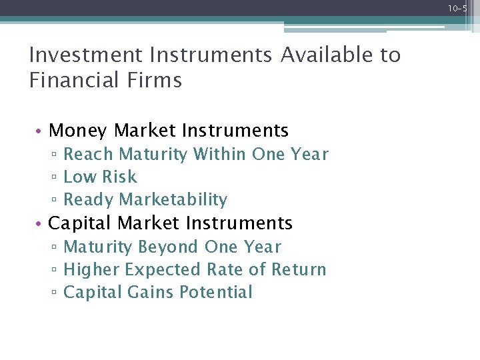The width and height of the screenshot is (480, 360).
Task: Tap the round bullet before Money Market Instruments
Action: coord(41,131)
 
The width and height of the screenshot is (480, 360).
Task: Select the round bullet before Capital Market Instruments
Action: coord(41,223)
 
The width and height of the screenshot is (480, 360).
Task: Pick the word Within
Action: coord(220,155)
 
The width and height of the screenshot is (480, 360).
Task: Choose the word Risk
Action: coord(119,177)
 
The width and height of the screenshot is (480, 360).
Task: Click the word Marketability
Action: coord(173,200)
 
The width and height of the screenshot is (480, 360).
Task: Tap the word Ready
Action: coord(89,200)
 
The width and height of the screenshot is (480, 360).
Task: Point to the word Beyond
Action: coord(169,247)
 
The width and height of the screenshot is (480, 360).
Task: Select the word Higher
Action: coord(91,270)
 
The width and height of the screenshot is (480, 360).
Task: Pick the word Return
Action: coord(298,270)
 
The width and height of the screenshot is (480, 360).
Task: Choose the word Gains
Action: coord(143,293)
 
